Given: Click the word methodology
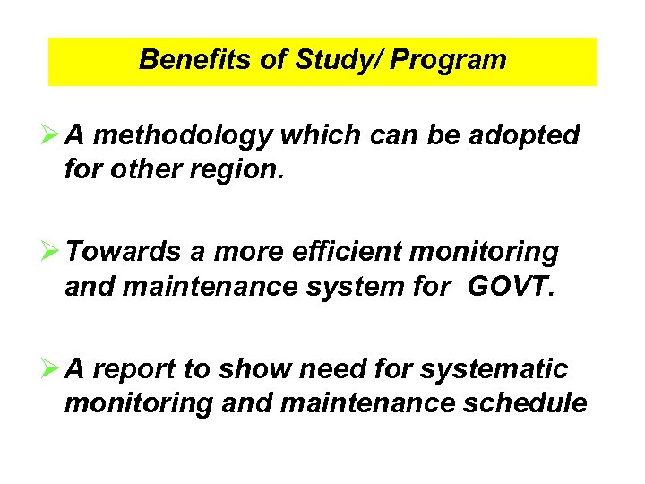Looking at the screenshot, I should point(182,135).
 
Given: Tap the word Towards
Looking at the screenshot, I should point(125,253).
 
